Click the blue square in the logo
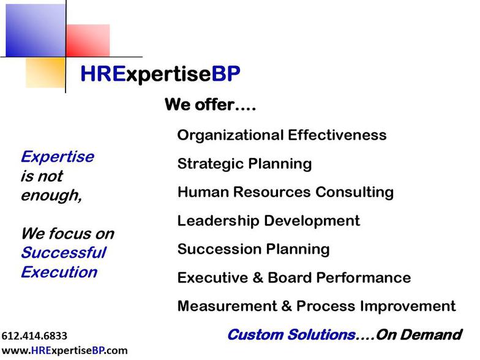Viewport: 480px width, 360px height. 36,31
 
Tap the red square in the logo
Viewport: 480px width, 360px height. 88,40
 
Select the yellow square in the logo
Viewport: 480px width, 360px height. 45,73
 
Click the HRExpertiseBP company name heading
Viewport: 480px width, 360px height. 160,75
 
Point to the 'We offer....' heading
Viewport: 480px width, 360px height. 211,104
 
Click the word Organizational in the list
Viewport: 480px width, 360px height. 230,135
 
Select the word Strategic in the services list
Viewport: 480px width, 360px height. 211,164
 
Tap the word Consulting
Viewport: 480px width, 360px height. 354,192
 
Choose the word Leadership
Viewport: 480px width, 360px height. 218,220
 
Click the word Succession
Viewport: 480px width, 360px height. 219,249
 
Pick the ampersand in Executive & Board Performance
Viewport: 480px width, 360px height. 258,278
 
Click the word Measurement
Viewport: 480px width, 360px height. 227,306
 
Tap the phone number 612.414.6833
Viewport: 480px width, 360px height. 34,336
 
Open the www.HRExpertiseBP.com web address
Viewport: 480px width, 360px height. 65,350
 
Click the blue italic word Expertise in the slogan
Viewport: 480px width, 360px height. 58,157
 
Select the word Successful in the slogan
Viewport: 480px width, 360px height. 64,253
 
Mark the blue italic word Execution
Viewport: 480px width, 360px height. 59,272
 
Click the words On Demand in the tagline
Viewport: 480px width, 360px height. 419,334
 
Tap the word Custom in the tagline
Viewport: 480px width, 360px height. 256,334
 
